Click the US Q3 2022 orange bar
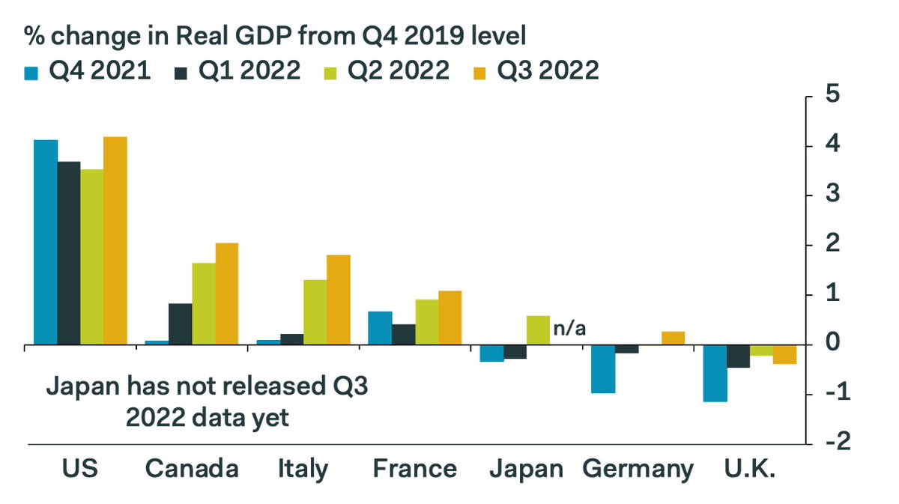click(115, 240)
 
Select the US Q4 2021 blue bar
click(46, 242)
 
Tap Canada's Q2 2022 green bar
click(203, 303)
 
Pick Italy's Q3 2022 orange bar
click(338, 300)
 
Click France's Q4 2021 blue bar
click(381, 328)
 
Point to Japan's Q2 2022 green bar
click(538, 330)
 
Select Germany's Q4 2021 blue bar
click(604, 369)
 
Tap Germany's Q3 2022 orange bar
click(673, 338)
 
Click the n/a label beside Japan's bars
click(569, 327)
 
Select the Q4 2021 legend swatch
click(32, 71)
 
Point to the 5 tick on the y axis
click(831, 96)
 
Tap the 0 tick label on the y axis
click(831, 344)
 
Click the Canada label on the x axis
click(193, 470)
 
